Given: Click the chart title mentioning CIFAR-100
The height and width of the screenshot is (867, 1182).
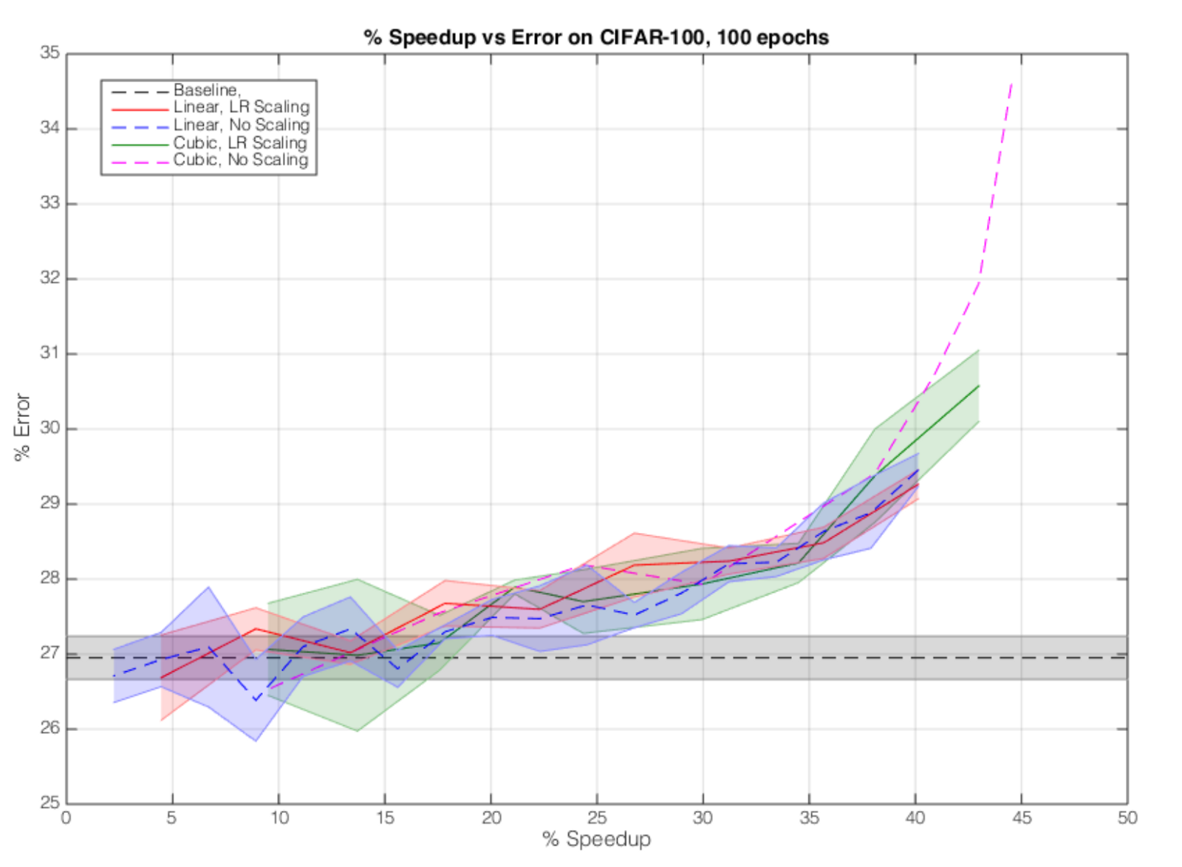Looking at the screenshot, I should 596,37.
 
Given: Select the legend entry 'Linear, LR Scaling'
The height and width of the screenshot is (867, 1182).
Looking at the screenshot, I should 242,107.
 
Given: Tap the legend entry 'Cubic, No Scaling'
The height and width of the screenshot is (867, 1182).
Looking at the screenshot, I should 241,160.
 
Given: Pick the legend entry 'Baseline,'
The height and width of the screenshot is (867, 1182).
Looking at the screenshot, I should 207,90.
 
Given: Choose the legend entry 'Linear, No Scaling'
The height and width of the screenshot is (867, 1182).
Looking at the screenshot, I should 242,125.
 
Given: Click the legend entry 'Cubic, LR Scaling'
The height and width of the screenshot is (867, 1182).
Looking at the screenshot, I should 240,143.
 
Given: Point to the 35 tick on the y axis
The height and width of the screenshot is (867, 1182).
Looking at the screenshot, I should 49,53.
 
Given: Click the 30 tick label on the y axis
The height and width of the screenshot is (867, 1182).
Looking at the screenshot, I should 49,428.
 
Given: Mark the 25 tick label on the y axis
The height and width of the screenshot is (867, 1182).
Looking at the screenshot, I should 49,803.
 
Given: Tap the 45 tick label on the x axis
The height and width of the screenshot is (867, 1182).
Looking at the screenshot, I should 1022,817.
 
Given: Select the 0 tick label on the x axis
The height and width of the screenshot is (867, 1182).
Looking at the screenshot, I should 66,817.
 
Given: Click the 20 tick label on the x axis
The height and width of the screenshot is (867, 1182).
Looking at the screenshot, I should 491,817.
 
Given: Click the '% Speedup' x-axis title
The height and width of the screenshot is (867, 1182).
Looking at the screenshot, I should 596,840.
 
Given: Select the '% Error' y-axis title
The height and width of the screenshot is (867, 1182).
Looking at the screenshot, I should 22,427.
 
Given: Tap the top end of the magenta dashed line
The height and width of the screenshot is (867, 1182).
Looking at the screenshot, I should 1011,84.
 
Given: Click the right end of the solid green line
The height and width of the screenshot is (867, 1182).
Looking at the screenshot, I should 979,385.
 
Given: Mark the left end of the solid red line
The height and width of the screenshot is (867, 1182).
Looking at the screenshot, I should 161,678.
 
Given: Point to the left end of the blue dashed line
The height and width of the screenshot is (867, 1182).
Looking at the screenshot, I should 114,676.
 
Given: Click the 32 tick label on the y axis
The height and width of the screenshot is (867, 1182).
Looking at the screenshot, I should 49,279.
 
